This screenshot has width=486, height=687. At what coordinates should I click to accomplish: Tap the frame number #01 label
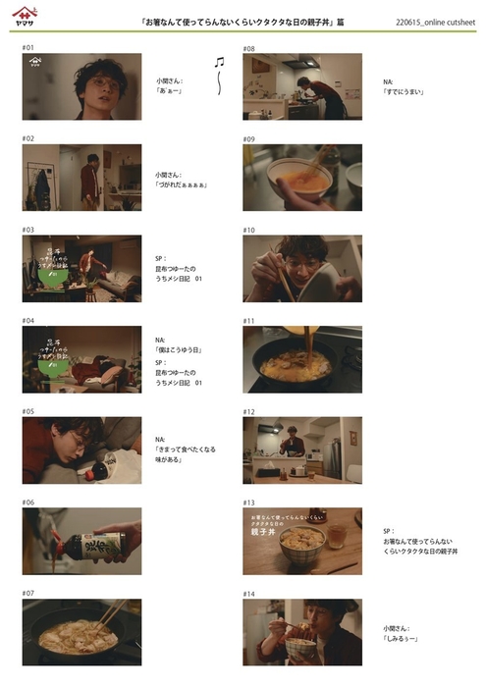click(x=28, y=47)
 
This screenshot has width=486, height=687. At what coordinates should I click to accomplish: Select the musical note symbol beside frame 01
click(x=219, y=61)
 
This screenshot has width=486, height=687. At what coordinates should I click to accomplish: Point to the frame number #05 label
click(x=28, y=411)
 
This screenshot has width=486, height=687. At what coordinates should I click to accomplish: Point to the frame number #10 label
click(x=249, y=230)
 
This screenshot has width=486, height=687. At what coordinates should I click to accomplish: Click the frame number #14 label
click(x=249, y=594)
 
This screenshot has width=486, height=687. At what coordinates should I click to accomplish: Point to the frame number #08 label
click(x=249, y=47)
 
